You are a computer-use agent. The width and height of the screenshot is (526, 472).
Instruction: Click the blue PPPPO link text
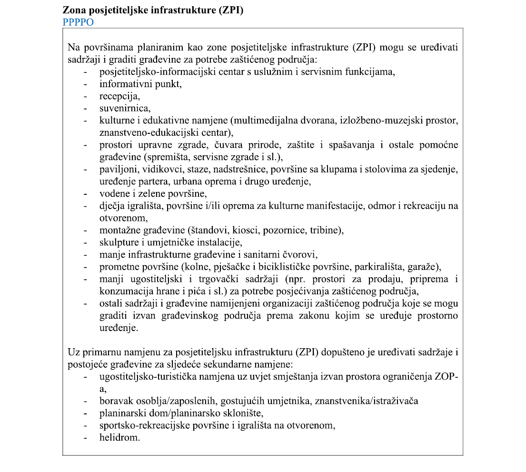tap(78, 22)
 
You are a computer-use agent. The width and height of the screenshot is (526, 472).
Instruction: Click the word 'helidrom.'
tap(119, 438)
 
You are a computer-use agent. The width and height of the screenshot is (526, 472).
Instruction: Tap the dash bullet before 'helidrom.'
tap(85, 438)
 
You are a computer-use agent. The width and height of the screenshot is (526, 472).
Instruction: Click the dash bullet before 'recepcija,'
tap(85, 96)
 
